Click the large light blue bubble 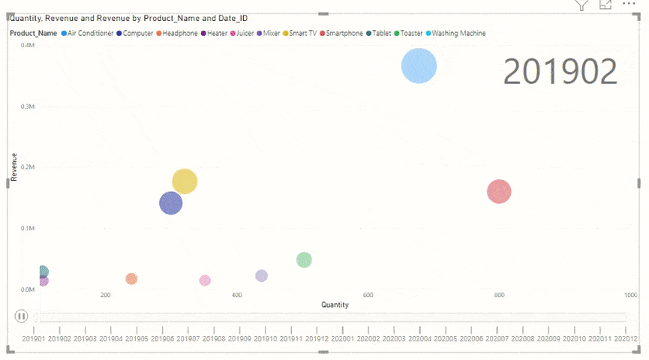click(x=419, y=66)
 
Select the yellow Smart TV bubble click(x=185, y=181)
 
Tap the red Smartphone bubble click(x=499, y=191)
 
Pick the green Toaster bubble click(x=304, y=260)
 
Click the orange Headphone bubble click(x=131, y=279)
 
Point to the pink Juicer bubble click(x=205, y=280)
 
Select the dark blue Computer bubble click(x=171, y=202)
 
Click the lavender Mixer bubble click(x=261, y=276)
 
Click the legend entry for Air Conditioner click(x=90, y=34)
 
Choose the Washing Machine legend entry click(x=458, y=34)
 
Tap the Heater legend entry click(x=217, y=34)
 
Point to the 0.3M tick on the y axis click(x=28, y=106)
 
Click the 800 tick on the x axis click(x=499, y=295)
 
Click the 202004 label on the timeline click(x=419, y=339)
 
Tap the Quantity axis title click(x=335, y=305)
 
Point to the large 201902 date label click(x=560, y=71)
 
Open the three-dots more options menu click(x=629, y=4)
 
